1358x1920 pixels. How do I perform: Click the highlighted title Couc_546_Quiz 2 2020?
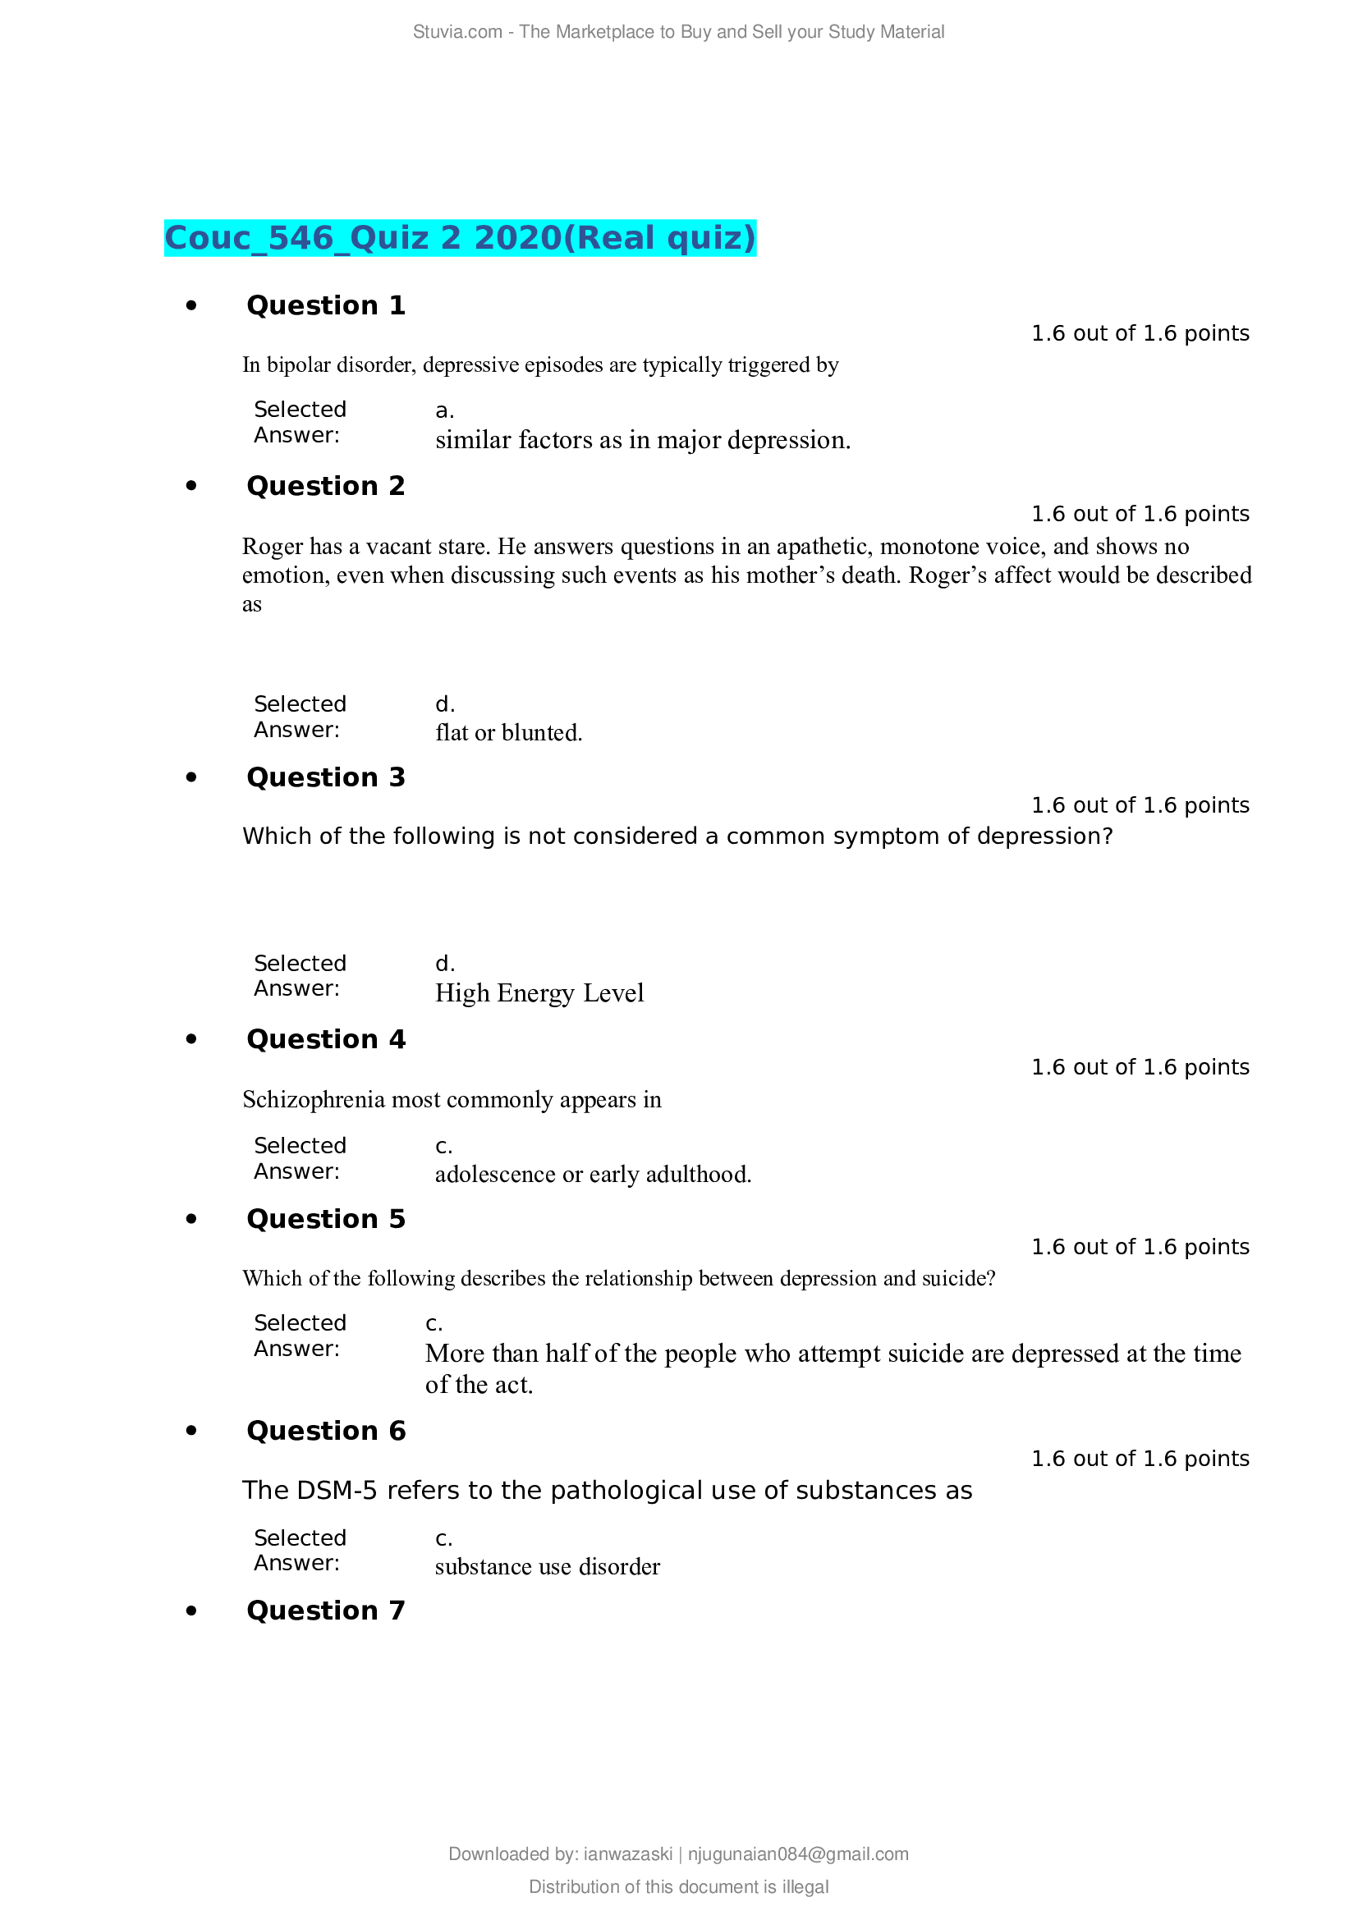click(460, 238)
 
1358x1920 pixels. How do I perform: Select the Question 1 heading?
click(325, 305)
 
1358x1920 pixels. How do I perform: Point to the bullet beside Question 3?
click(191, 777)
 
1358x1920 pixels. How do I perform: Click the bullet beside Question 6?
click(191, 1431)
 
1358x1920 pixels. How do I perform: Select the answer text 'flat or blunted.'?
click(508, 732)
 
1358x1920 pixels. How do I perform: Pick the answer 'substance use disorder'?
click(547, 1566)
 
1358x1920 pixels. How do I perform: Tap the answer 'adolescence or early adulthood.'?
click(593, 1174)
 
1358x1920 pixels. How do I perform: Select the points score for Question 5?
click(1139, 1247)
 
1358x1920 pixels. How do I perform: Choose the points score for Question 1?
click(1139, 333)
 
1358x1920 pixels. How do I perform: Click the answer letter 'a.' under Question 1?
click(444, 410)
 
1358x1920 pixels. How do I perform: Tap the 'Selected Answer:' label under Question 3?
click(300, 975)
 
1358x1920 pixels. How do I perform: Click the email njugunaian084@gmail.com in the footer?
click(798, 1854)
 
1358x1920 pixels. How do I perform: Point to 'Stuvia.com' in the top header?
click(456, 32)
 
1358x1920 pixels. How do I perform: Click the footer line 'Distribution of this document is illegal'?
click(678, 1886)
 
